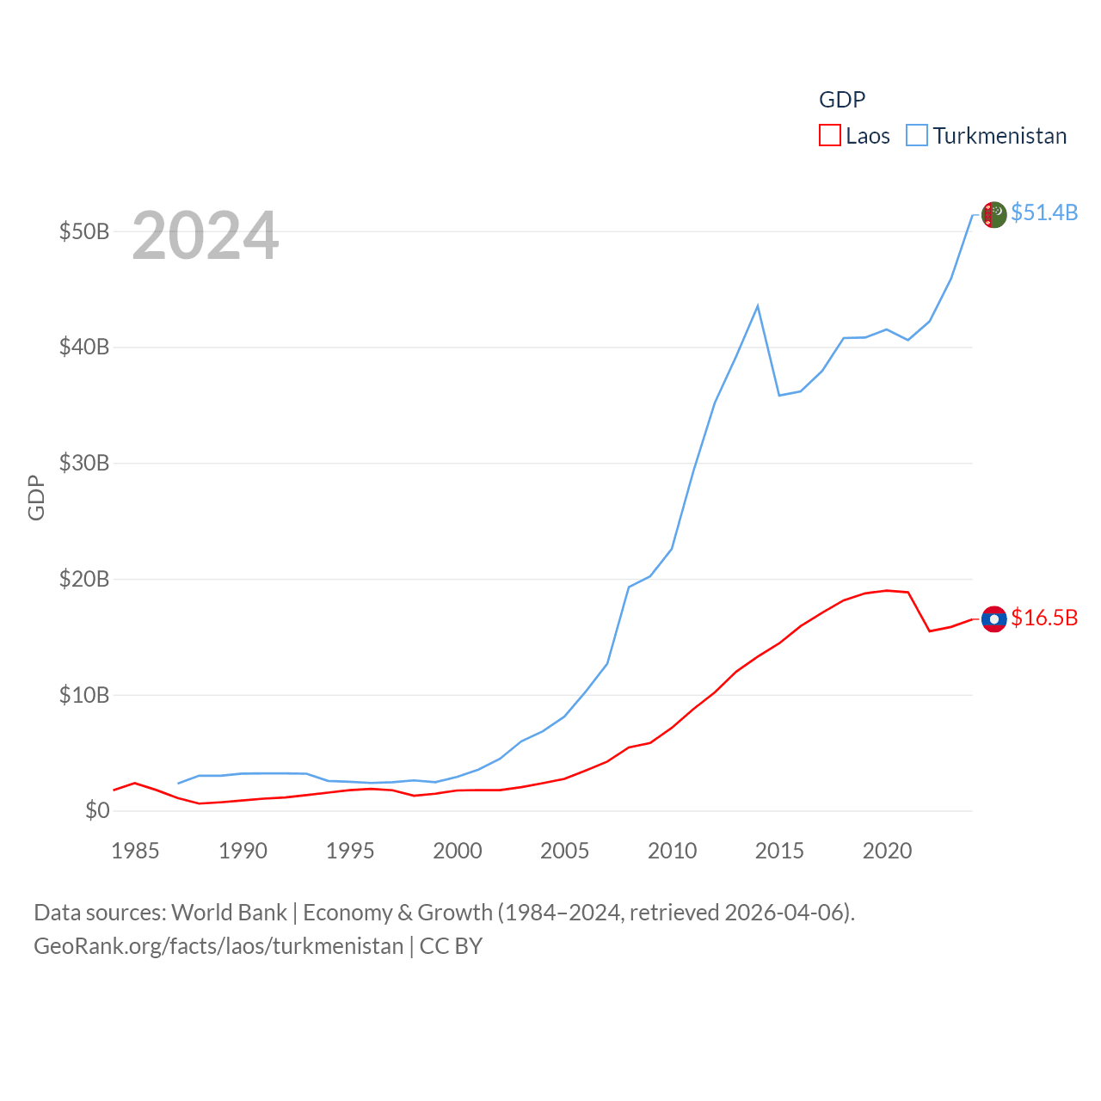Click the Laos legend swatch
(829, 136)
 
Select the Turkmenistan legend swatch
(917, 136)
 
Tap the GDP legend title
(841, 100)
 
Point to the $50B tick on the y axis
(84, 232)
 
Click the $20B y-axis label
(84, 580)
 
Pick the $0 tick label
(97, 811)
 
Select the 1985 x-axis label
(135, 852)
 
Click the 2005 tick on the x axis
(564, 852)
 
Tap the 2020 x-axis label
(887, 852)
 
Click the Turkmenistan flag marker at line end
(993, 214)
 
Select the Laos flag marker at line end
(993, 619)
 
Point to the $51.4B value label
(1044, 212)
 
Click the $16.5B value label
(1044, 618)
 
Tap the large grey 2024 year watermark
(205, 236)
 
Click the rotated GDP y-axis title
(36, 497)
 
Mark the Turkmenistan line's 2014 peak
(758, 306)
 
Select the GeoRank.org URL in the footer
(218, 946)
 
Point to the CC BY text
(451, 946)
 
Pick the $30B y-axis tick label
(84, 464)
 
